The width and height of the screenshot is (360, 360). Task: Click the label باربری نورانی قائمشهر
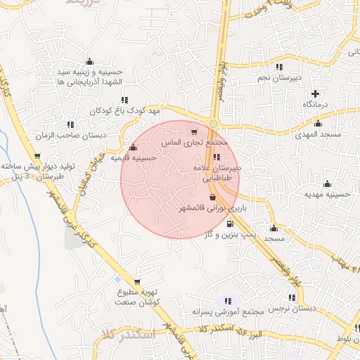(x=205, y=209)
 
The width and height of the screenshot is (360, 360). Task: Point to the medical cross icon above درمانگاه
(x=315, y=94)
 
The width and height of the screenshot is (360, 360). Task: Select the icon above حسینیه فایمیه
(x=134, y=148)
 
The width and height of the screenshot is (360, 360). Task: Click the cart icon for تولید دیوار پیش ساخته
(x=37, y=156)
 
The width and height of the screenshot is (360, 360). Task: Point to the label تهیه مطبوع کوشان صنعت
(x=137, y=296)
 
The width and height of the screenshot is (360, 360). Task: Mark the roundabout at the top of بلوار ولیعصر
(x=213, y=124)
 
